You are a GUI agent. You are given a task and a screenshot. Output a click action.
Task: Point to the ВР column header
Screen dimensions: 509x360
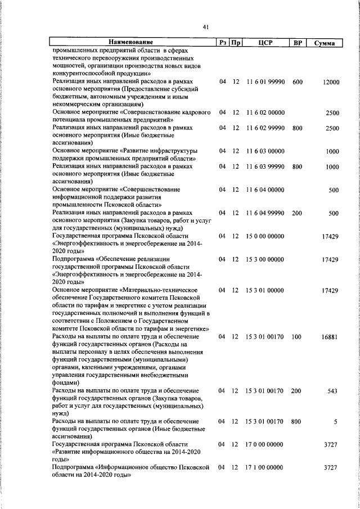tap(296, 43)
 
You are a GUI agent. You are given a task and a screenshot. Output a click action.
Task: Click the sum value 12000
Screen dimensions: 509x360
tap(331, 82)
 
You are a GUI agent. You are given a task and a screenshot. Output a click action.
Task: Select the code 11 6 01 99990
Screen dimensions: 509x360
tap(265, 82)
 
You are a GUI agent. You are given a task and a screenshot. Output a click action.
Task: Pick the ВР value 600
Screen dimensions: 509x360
tap(297, 82)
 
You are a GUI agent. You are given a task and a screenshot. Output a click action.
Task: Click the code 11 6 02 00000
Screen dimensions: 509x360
tap(265, 112)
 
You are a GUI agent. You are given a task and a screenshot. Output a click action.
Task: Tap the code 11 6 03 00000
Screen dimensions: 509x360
tap(265, 151)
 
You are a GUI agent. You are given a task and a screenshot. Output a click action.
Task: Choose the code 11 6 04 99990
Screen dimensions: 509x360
tap(265, 213)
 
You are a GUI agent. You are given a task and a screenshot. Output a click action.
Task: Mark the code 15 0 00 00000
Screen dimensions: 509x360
tap(265, 236)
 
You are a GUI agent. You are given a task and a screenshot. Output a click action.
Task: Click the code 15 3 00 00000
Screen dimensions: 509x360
tap(265, 259)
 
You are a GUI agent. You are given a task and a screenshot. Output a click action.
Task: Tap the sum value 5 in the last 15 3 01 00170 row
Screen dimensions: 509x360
tap(335, 421)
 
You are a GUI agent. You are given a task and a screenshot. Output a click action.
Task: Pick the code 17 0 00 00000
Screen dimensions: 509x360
tap(265, 444)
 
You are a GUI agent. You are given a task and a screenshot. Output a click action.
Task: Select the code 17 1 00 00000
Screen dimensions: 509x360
tap(265, 467)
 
